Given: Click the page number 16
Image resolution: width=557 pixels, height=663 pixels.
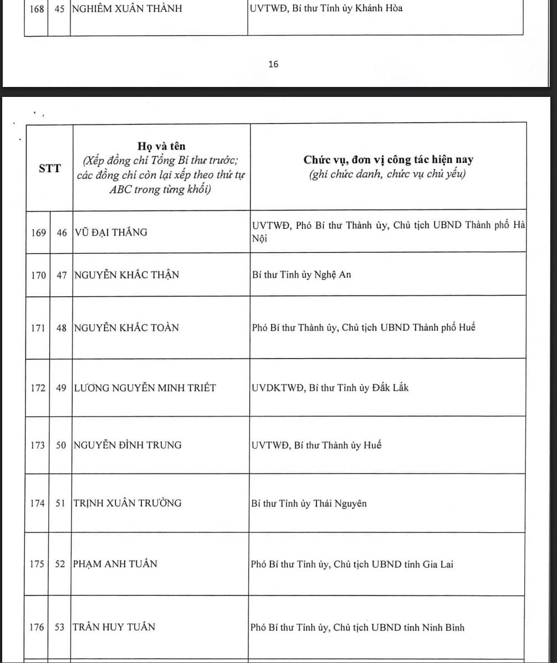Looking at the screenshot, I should click(273, 64).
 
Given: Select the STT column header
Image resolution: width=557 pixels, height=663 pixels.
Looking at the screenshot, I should click(50, 169).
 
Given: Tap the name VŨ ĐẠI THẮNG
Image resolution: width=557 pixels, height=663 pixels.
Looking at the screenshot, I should click(111, 233).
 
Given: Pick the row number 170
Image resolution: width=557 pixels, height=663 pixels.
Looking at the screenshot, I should click(38, 275).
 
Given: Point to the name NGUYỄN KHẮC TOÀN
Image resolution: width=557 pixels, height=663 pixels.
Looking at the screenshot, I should click(126, 328).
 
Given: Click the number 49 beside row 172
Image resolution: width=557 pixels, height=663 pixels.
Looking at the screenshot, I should click(61, 388).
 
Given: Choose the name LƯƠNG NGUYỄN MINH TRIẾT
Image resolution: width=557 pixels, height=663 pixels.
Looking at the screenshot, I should click(145, 388).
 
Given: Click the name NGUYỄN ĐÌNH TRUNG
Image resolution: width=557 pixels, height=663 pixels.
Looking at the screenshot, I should click(127, 445).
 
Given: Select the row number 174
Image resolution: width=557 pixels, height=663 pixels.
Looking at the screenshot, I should click(38, 503).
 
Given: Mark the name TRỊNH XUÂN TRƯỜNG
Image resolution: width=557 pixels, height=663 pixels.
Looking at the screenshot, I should click(127, 503).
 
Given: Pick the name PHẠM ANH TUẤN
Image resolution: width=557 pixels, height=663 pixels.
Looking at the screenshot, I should click(115, 564).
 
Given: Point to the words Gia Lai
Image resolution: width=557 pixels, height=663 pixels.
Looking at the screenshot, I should click(438, 564).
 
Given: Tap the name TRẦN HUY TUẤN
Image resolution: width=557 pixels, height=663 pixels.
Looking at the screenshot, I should click(114, 628).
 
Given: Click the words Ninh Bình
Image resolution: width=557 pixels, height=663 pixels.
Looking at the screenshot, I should click(443, 628).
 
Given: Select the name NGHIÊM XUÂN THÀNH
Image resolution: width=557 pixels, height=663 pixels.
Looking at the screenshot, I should click(127, 9).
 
